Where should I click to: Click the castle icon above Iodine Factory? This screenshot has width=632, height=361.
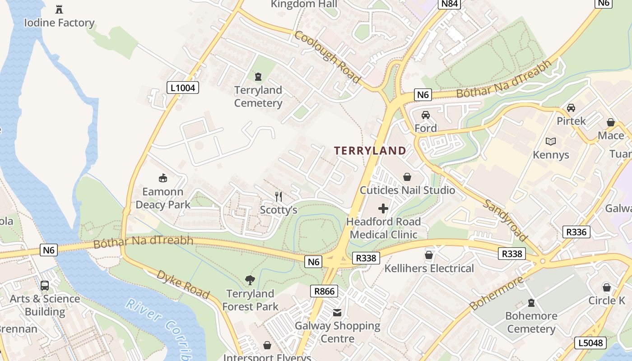pos(59,9)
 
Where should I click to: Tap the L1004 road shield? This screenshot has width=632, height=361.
pos(183,88)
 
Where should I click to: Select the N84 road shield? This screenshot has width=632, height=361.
pos(450,4)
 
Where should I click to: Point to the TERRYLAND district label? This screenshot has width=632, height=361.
pos(370,151)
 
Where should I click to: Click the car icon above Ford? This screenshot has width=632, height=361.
pos(425,115)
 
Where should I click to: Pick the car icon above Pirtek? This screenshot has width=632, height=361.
pos(571,108)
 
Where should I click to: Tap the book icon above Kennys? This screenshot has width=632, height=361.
pos(551,141)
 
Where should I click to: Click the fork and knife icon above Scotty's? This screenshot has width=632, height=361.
pos(279,196)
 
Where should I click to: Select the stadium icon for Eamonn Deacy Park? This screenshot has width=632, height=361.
pos(163,178)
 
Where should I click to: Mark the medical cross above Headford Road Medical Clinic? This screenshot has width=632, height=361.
pos(383,208)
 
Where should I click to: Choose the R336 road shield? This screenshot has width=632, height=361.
pos(576,232)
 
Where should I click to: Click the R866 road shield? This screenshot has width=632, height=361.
pos(324,291)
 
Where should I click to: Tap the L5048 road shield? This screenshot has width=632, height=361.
pos(590,343)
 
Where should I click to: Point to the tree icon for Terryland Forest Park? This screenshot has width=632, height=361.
pos(250,280)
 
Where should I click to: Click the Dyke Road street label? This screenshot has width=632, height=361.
pos(183,284)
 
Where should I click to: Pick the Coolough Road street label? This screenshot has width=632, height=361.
pos(328,57)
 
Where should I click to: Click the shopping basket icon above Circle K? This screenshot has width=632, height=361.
pos(607,287)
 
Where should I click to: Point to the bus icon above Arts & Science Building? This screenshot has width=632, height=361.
pos(45,286)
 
